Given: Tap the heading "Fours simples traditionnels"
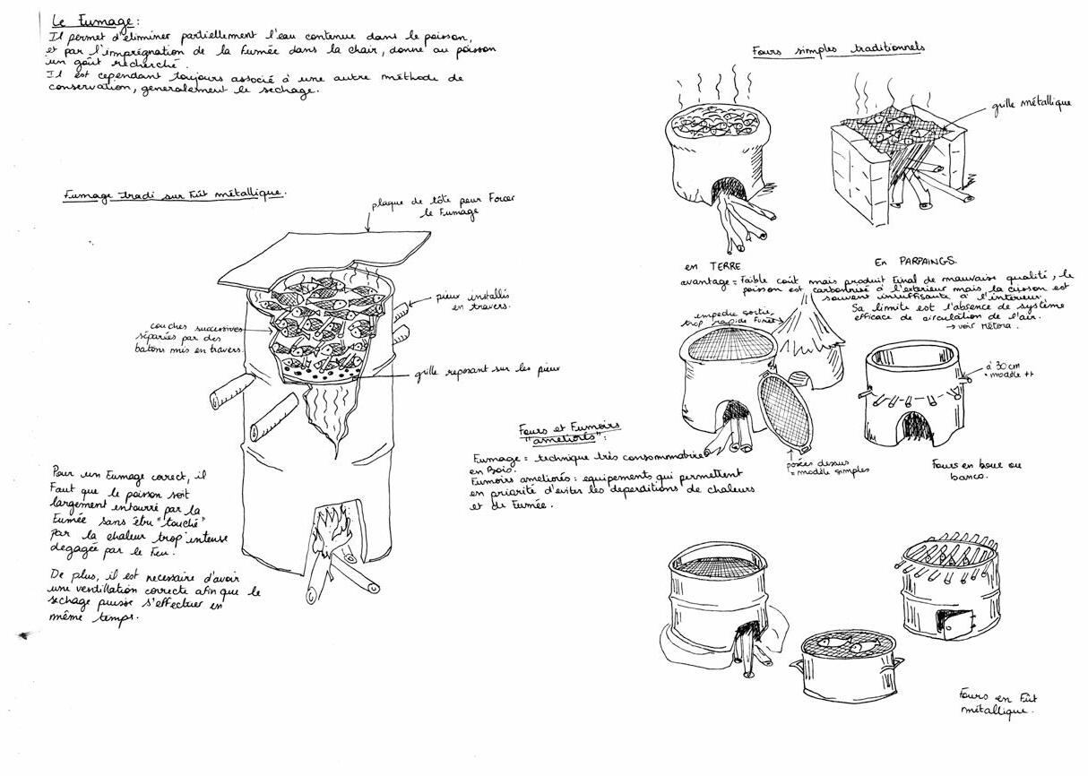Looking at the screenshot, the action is (839, 49).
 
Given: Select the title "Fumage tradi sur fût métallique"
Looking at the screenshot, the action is (175, 194).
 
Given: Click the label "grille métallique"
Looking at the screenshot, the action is (1031, 103).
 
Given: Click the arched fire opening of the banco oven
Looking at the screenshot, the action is (917, 426).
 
